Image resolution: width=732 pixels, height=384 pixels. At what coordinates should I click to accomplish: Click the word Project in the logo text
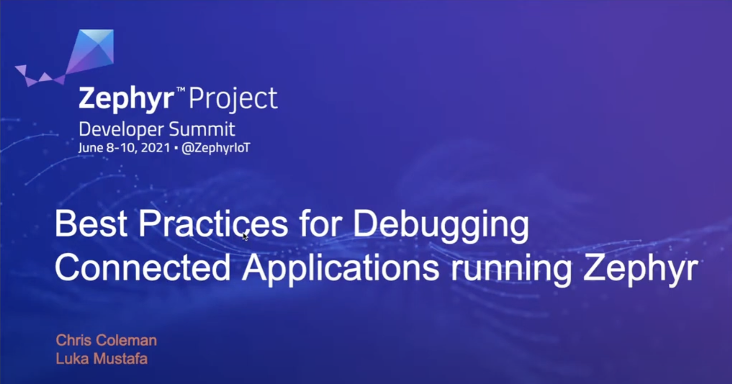(233, 99)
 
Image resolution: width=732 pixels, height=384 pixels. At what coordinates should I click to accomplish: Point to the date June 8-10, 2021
(124, 148)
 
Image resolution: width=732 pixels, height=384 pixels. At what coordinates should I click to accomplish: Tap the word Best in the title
(91, 224)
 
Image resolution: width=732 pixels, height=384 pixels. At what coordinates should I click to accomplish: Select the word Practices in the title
(213, 224)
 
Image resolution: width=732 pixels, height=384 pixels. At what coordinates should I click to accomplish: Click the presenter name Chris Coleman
(106, 340)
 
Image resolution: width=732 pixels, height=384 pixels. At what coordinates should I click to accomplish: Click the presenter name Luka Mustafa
(102, 359)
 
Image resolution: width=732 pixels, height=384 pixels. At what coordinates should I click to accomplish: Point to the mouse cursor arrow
(245, 236)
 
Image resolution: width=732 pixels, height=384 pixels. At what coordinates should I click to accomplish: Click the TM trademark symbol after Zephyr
(181, 91)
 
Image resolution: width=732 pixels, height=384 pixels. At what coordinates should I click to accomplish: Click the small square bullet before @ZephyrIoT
(176, 148)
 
